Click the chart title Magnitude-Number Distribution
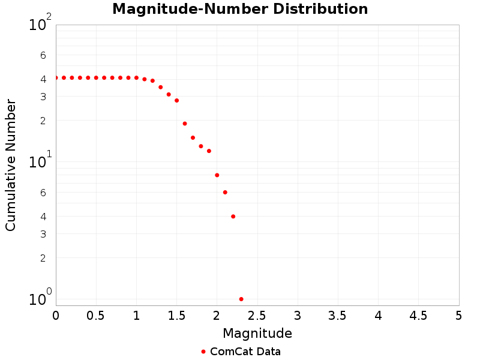[x=240, y=9]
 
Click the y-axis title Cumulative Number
[x=11, y=165]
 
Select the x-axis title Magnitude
[x=257, y=333]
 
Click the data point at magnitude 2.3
[x=241, y=299]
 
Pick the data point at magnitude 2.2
[x=233, y=216]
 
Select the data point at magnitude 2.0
[x=217, y=175]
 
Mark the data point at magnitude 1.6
[x=185, y=124]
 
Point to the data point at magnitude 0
[x=56, y=77]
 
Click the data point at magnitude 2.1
[x=225, y=192]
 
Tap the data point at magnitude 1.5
[x=176, y=100]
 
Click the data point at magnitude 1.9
[x=209, y=151]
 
